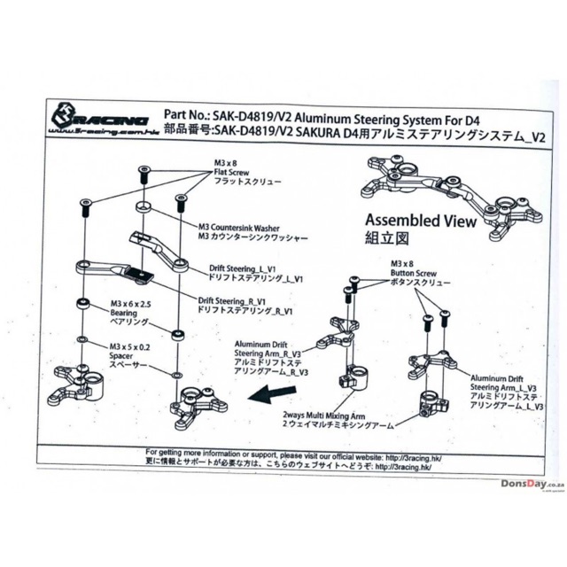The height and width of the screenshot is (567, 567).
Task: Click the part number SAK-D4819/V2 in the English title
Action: point(249,117)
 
